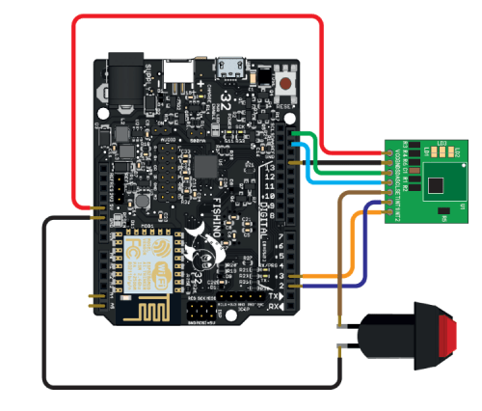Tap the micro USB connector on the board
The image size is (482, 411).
pyautogui.click(x=230, y=68)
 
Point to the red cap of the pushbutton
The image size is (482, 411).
pyautogui.click(x=447, y=336)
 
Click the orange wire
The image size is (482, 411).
pyautogui.click(x=353, y=251)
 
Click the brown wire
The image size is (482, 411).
pyautogui.click(x=340, y=260)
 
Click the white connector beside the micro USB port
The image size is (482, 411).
pyautogui.click(x=175, y=69)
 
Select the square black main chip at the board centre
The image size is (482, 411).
pyautogui.click(x=205, y=165)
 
